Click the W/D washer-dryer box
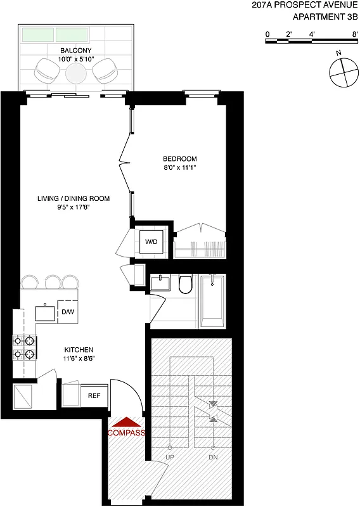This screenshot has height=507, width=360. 151,241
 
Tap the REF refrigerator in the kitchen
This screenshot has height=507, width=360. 94,395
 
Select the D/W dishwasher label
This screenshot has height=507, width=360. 67,312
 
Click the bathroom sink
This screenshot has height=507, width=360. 161,283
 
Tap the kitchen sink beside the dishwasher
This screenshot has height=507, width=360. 46,312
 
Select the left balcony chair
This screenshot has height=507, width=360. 46,70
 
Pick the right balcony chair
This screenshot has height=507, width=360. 105,70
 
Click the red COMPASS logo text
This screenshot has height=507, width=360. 127,433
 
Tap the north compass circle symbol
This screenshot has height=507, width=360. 342,70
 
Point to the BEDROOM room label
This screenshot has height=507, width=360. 180,158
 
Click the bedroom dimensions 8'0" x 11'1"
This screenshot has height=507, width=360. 180,169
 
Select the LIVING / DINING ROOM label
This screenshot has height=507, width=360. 73,198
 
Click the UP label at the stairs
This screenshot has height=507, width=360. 170,456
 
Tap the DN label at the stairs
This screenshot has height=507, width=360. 213,456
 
